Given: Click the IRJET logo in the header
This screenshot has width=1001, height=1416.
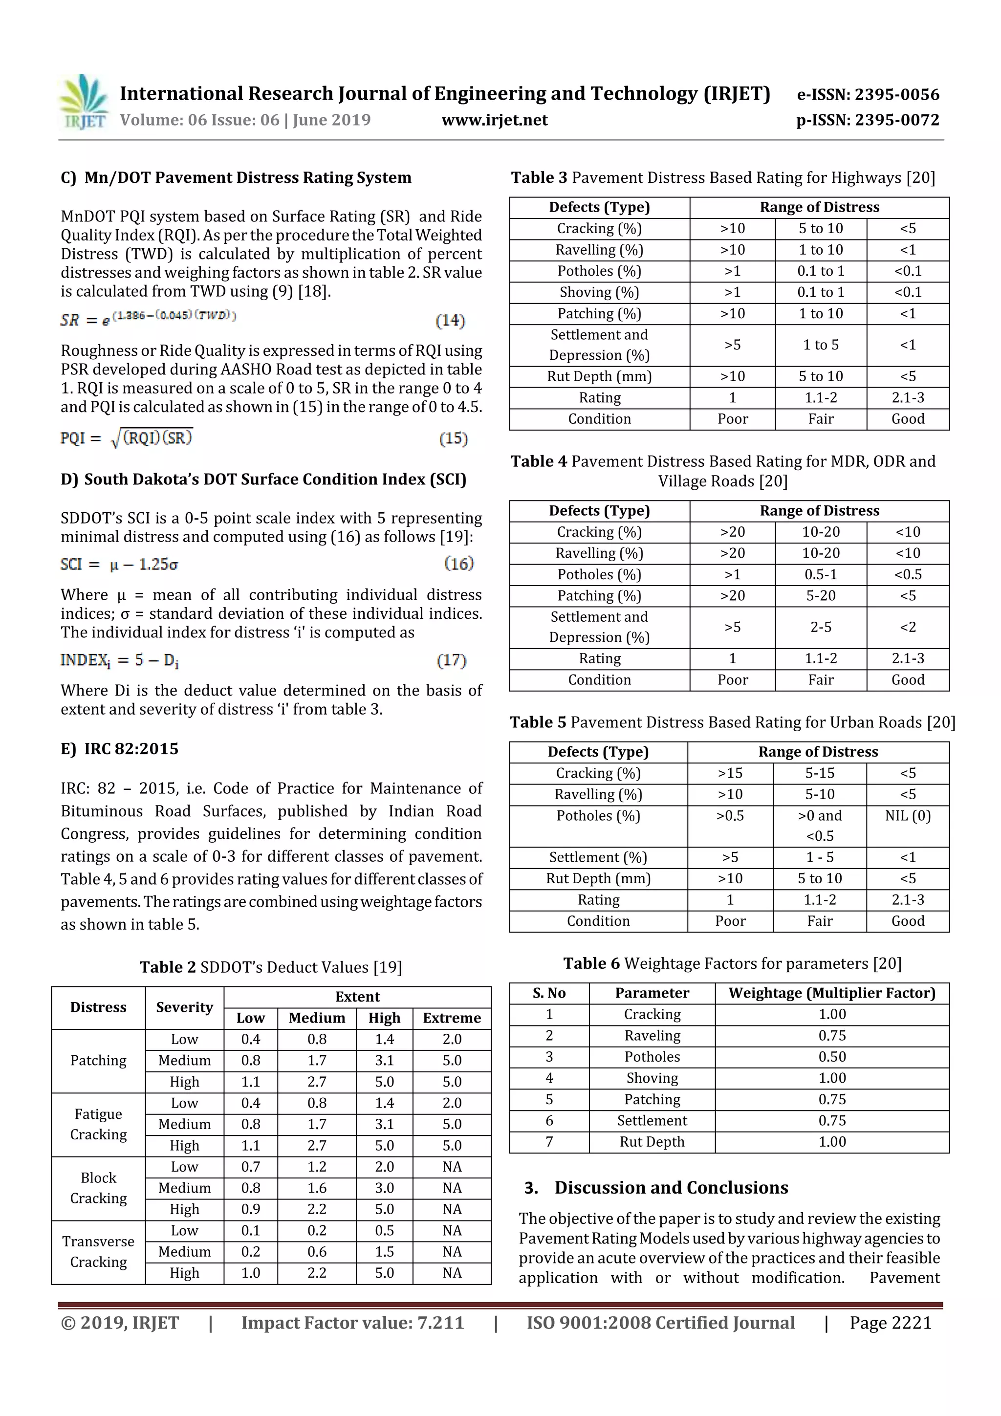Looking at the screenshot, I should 85,102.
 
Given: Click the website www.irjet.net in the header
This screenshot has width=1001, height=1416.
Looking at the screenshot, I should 494,120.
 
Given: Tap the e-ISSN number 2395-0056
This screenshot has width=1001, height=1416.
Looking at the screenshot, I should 896,94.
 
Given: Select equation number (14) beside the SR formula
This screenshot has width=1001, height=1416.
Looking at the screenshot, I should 450,320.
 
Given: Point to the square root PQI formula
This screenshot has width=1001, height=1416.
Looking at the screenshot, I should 127,438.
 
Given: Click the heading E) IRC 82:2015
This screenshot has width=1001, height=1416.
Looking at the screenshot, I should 120,749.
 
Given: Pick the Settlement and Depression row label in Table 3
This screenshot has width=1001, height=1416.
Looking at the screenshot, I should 599,345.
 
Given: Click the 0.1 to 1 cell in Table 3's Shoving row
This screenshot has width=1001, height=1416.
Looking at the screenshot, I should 820,292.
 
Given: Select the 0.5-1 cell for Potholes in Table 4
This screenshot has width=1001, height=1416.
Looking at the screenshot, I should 820,574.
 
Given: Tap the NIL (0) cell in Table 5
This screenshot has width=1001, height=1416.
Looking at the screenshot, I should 907,815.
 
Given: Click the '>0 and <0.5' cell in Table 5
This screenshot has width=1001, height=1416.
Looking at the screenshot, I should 819,825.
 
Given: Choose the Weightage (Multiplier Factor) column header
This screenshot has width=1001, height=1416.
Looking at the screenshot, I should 831,993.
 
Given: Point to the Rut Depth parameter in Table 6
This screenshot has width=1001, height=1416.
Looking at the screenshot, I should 652,1142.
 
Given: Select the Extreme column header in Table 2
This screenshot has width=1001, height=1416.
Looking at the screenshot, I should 452,1018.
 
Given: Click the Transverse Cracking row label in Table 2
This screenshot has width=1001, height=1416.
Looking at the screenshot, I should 98,1251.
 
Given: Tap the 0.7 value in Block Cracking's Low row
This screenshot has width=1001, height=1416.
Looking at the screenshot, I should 250,1166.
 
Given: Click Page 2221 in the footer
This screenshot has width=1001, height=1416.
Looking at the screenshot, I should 890,1322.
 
